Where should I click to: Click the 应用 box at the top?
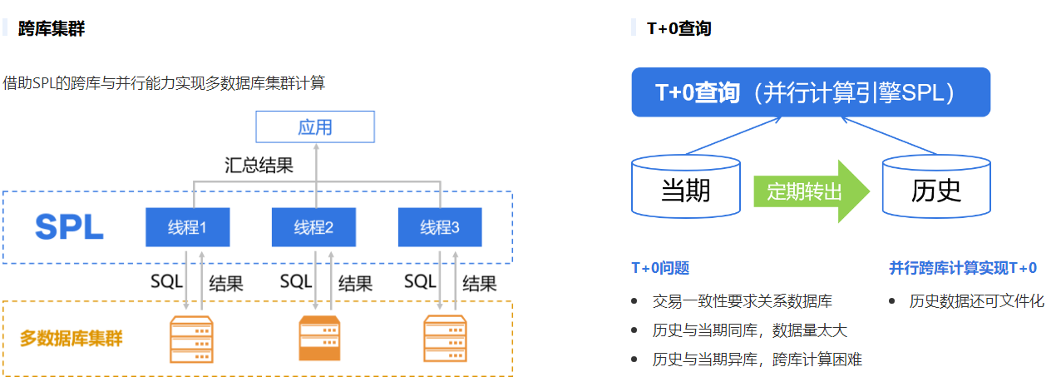315,127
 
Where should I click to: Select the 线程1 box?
187,227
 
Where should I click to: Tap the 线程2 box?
313,227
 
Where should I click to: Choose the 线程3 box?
440,227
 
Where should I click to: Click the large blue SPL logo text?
69,227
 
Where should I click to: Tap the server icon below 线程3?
445,339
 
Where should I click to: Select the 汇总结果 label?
259,165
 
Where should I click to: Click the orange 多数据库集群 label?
72,339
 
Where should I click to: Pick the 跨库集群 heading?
52,28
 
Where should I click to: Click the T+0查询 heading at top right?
679,28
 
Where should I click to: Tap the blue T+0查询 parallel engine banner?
811,92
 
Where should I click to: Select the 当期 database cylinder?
686,191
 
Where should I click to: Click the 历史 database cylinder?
936,191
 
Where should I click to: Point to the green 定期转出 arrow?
811,191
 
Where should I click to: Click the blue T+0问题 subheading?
660,268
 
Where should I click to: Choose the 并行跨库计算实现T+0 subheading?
963,268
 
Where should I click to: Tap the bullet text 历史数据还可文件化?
976,301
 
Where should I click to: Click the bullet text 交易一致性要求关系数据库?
742,301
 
